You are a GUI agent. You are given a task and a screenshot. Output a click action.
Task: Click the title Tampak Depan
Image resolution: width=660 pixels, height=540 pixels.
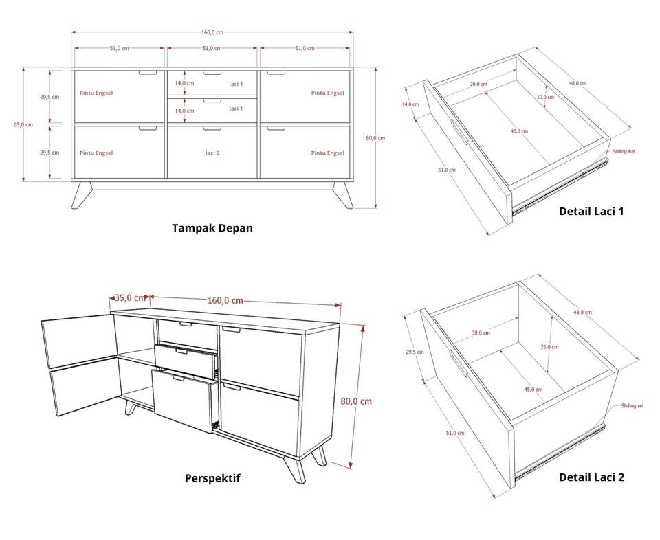click(212, 228)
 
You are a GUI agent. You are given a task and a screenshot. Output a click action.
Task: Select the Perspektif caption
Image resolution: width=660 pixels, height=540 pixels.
click(212, 478)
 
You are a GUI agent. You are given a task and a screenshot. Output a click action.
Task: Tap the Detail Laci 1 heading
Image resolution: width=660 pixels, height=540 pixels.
click(591, 211)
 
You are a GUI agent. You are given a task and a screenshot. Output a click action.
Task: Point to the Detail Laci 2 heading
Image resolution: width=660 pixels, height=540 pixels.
click(591, 477)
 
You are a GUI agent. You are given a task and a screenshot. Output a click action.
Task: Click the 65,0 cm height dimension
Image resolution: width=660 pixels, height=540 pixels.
click(23, 124)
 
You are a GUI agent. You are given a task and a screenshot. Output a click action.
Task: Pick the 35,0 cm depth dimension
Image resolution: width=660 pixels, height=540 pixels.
click(130, 298)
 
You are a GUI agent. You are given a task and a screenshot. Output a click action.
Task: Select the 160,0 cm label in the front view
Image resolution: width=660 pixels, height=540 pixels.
click(212, 32)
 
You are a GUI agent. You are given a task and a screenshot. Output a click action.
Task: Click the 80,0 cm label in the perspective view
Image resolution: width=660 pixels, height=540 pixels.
click(356, 401)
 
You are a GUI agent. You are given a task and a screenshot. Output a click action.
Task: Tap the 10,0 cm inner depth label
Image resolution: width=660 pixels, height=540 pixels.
click(545, 97)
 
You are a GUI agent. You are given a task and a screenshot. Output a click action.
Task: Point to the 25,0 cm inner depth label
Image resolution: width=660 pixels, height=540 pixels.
click(549, 347)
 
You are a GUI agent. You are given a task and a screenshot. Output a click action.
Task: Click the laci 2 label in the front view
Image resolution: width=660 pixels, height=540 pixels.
click(212, 153)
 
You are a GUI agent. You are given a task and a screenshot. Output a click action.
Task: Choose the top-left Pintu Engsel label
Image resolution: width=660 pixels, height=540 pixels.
click(96, 93)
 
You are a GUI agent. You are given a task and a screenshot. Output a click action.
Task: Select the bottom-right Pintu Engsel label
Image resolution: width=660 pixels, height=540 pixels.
click(327, 153)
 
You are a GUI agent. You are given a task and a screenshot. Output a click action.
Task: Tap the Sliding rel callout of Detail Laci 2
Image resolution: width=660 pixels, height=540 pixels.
click(632, 406)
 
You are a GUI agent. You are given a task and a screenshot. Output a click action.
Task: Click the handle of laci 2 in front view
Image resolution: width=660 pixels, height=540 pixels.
click(212, 128)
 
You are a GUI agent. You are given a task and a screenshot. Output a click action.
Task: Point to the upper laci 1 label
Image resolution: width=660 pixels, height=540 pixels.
click(236, 84)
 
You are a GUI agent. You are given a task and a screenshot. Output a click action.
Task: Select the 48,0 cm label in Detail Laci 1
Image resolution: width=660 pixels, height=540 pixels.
click(578, 83)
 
